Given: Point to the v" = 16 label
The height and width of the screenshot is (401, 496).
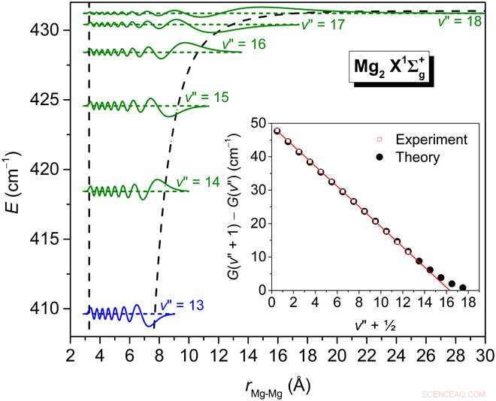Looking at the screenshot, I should tap(243, 44).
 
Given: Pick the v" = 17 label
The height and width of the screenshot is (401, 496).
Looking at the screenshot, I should tap(322, 25).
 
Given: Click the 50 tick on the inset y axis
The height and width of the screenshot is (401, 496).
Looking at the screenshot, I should tap(260, 122).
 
